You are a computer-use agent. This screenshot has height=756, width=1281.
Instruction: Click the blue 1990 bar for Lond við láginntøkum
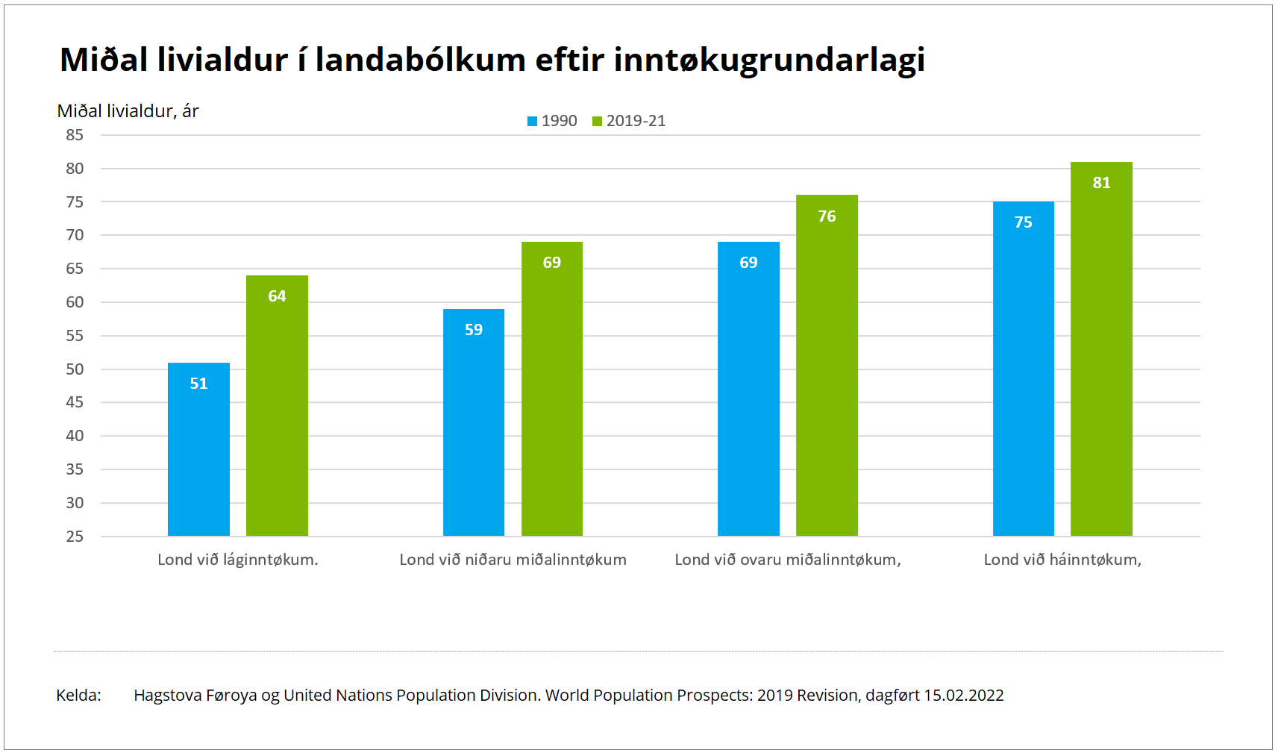point(198,449)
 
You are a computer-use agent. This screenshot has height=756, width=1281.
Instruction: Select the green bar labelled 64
point(277,405)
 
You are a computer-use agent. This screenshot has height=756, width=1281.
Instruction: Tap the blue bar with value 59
point(474,422)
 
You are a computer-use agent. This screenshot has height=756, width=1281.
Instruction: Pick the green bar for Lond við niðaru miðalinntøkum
point(552,389)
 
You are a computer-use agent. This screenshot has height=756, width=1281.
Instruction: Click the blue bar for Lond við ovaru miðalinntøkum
point(748,389)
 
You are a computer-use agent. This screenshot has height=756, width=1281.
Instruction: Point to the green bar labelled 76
point(827,365)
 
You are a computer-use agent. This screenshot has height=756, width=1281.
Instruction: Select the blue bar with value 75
point(1024,369)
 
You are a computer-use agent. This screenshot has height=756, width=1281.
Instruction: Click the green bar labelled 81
point(1101,349)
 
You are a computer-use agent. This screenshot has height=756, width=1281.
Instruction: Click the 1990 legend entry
point(552,121)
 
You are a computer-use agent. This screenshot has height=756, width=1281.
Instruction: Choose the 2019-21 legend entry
point(629,121)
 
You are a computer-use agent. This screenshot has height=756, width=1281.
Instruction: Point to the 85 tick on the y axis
point(75,135)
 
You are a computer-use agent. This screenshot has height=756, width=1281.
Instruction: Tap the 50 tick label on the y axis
point(75,369)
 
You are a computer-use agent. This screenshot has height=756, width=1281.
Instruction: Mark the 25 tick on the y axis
point(75,537)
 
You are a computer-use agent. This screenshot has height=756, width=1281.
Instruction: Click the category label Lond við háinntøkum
point(1062,560)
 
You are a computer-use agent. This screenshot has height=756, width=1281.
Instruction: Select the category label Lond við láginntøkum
point(238,560)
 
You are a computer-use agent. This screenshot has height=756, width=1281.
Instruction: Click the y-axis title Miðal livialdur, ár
point(128,111)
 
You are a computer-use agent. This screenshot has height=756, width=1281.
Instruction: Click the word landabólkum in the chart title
point(421,60)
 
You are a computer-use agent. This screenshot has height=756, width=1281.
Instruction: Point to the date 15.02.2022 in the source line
point(964,696)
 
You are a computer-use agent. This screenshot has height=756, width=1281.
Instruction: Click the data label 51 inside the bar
point(198,384)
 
